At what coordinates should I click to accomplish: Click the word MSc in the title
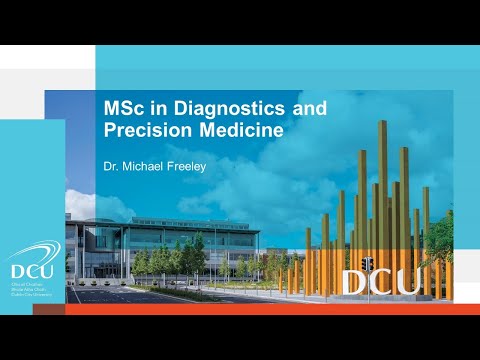click(x=125, y=107)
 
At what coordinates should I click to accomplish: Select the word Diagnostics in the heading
click(x=214, y=107)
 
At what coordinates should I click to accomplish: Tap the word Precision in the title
click(x=145, y=129)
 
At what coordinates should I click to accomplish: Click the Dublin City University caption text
click(x=26, y=295)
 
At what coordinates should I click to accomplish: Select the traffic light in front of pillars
click(x=367, y=265)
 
